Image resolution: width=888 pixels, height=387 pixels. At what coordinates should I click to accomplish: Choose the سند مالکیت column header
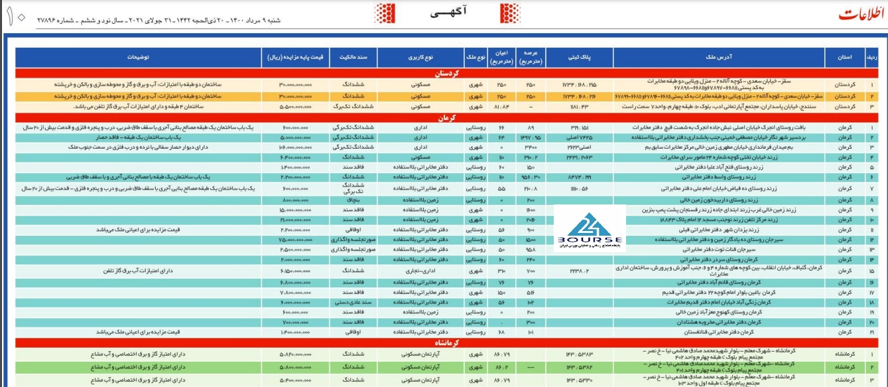click(x=356, y=57)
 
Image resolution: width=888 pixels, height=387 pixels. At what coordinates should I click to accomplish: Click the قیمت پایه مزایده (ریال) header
click(x=294, y=57)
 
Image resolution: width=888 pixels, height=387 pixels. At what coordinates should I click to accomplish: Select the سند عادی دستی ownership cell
click(x=357, y=302)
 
